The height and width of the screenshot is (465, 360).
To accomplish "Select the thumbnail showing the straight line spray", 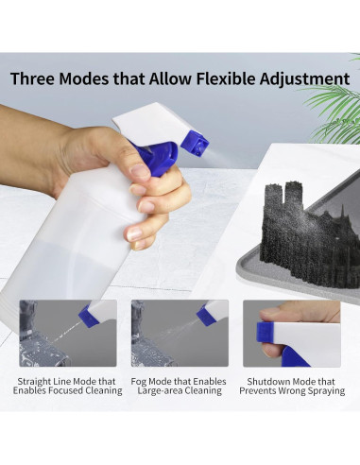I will coord(68,333).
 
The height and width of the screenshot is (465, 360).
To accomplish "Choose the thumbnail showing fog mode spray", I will coord(180,333).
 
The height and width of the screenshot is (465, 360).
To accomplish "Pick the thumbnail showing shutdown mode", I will coord(291,333).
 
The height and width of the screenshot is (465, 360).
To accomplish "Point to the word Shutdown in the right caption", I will coord(266,381).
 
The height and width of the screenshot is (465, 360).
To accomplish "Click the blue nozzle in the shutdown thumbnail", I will coord(267,333).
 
